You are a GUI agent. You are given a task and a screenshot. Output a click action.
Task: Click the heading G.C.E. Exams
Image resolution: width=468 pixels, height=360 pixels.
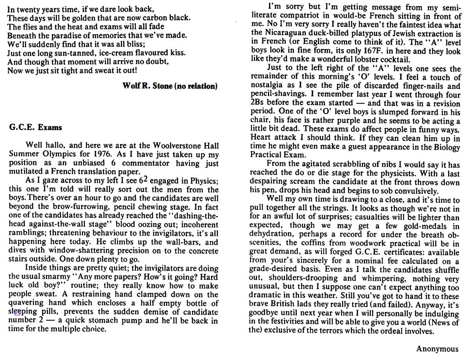35,127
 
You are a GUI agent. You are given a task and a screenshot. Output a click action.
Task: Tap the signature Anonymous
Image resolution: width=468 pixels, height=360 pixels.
438,348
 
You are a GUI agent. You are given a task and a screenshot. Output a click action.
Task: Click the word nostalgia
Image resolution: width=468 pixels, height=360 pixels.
266,86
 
